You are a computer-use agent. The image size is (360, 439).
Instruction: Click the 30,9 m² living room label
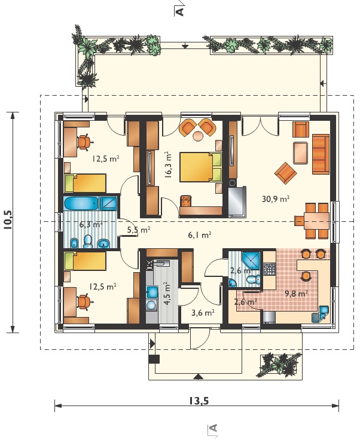pos(276,199)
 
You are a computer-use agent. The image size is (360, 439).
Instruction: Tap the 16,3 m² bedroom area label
pos(169,165)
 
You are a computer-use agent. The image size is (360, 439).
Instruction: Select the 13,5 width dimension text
pos(199,401)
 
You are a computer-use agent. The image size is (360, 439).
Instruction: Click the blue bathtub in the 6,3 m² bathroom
pos(81,203)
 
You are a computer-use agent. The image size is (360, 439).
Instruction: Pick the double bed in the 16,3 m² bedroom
pos(200,167)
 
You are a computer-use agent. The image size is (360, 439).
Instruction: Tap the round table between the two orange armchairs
pos(199,136)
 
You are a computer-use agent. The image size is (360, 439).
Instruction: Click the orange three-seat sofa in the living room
pos(321,154)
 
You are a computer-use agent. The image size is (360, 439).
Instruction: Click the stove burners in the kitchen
pos(270,269)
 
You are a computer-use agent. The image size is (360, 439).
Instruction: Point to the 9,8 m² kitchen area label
pos(297,294)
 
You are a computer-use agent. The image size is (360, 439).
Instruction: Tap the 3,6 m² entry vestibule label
pos(203,312)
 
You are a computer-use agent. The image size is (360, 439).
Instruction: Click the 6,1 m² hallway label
pos(199,235)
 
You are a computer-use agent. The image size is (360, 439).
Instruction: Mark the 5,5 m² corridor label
pos(139,230)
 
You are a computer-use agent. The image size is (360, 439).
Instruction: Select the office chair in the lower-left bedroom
pos(84,302)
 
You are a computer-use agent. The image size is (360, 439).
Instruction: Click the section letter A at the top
pos(181,11)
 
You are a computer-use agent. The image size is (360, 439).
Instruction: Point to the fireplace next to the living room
pos(237,202)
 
